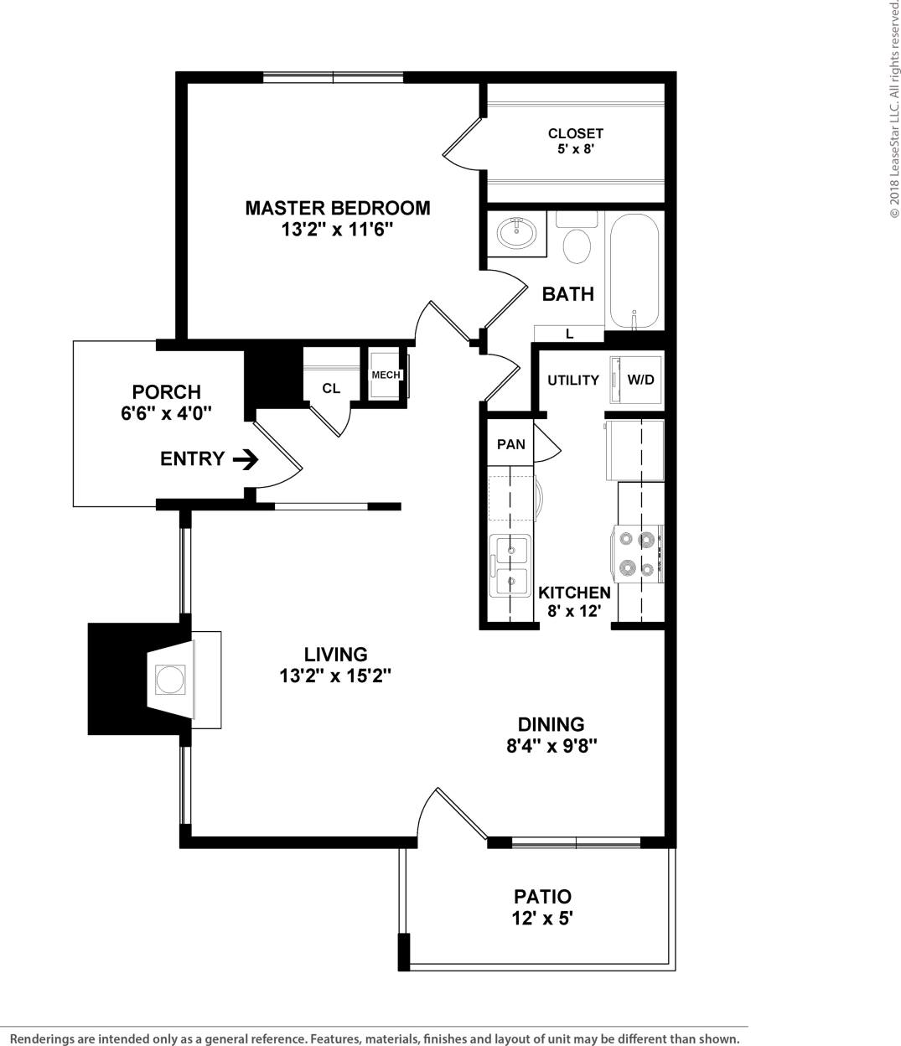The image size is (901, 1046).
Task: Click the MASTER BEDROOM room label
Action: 337,208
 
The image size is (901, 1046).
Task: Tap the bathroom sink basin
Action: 517,232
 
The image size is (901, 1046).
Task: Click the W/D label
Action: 641,380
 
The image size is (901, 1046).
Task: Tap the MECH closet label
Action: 386,375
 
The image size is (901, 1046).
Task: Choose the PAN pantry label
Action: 510,444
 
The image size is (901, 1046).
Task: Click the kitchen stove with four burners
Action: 638,554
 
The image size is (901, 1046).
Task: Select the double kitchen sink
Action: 510,565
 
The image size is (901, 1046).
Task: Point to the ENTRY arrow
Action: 246,458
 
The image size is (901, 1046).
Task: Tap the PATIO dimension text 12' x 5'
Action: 541,919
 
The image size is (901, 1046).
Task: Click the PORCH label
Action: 166,391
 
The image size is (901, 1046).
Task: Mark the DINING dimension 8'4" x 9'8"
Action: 551,746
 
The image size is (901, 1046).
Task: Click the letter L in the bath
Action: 570,334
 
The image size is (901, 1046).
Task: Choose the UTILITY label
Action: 573,381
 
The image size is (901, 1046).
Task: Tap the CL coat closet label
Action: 331,389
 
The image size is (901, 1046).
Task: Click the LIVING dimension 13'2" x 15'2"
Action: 335,676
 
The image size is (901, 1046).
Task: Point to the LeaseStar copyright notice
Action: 893,109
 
